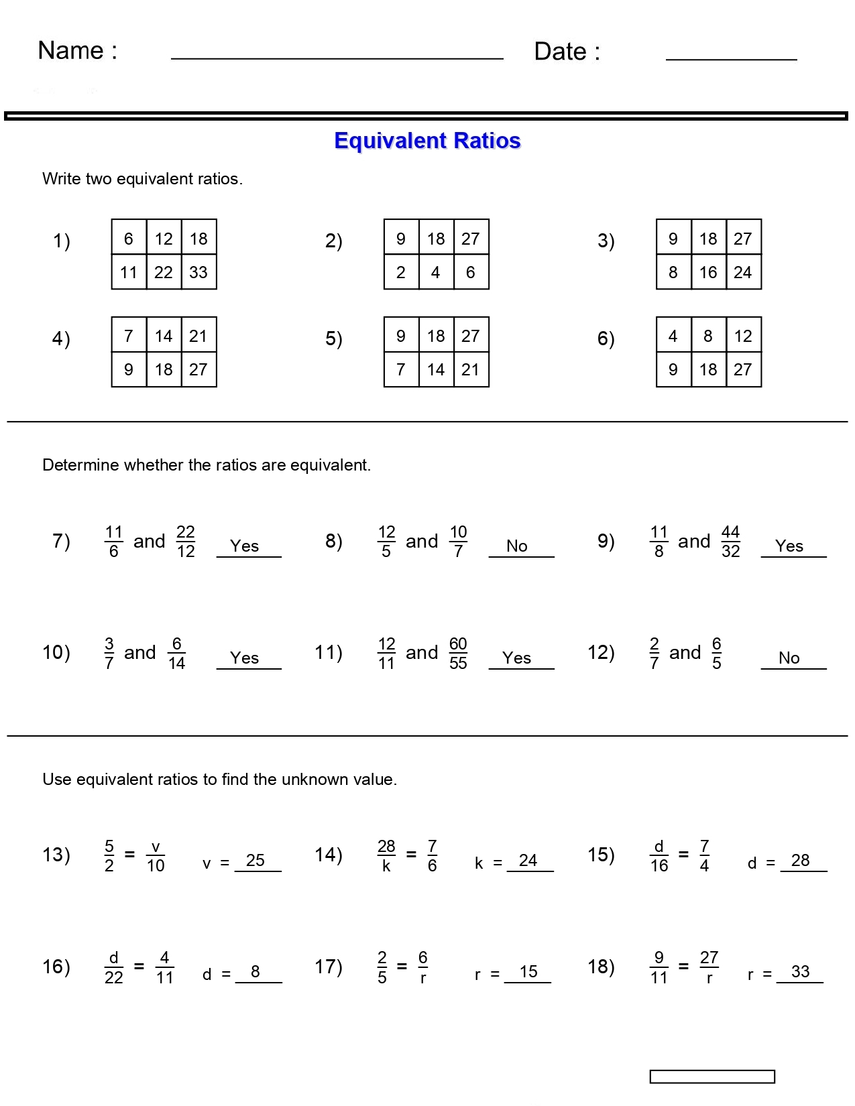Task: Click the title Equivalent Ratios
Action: coord(427,141)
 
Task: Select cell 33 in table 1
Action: coord(198,272)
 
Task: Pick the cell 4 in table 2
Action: coord(436,272)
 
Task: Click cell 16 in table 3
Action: coord(708,272)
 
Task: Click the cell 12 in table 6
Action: coord(743,336)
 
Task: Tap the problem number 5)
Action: coord(333,339)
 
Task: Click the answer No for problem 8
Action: coord(517,546)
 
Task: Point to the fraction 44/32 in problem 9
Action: coord(730,542)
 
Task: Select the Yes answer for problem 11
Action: coord(517,658)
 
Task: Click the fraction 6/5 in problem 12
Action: coord(716,653)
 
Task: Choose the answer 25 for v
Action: coord(255,860)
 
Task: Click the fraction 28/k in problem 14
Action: coord(386,855)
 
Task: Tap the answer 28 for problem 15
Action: coord(800,860)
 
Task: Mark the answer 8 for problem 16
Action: coord(255,972)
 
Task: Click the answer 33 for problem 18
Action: coord(800,972)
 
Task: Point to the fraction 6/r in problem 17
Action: coord(423,967)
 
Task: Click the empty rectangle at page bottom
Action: coord(712,1077)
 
